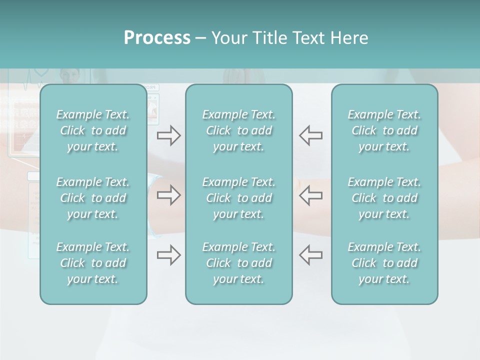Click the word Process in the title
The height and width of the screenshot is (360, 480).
pyautogui.click(x=157, y=38)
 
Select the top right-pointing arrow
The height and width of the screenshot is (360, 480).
pyautogui.click(x=168, y=135)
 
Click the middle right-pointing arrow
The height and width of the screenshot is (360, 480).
pyautogui.click(x=168, y=195)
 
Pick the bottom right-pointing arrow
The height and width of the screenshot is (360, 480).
pyautogui.click(x=168, y=255)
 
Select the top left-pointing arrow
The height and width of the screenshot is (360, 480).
pyautogui.click(x=310, y=135)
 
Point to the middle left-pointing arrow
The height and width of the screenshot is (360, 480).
pyautogui.click(x=310, y=195)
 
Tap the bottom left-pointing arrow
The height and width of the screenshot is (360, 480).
pyautogui.click(x=310, y=255)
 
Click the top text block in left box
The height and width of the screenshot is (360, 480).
pyautogui.click(x=93, y=130)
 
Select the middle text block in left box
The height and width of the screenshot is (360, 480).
pyautogui.click(x=93, y=198)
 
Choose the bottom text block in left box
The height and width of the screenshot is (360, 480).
pyautogui.click(x=93, y=263)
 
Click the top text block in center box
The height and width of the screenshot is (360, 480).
pyautogui.click(x=238, y=130)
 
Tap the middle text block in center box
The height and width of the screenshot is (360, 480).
pyautogui.click(x=238, y=198)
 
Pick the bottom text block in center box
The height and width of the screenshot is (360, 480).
pyautogui.click(x=238, y=263)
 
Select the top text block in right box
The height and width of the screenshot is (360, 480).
pyautogui.click(x=384, y=130)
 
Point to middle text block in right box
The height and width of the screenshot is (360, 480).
pyautogui.click(x=384, y=198)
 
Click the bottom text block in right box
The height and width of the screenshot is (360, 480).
pyautogui.click(x=384, y=263)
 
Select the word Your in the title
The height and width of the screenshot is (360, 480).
pyautogui.click(x=228, y=38)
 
